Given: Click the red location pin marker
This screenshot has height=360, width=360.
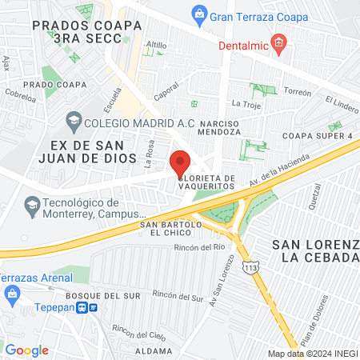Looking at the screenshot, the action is [181, 162].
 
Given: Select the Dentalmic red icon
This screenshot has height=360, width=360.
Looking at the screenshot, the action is [278, 43].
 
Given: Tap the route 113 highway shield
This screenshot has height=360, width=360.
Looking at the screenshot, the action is [252, 266].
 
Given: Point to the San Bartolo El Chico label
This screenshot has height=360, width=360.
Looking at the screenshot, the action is [170, 230].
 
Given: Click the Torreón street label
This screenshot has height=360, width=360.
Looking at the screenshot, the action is [296, 92].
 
